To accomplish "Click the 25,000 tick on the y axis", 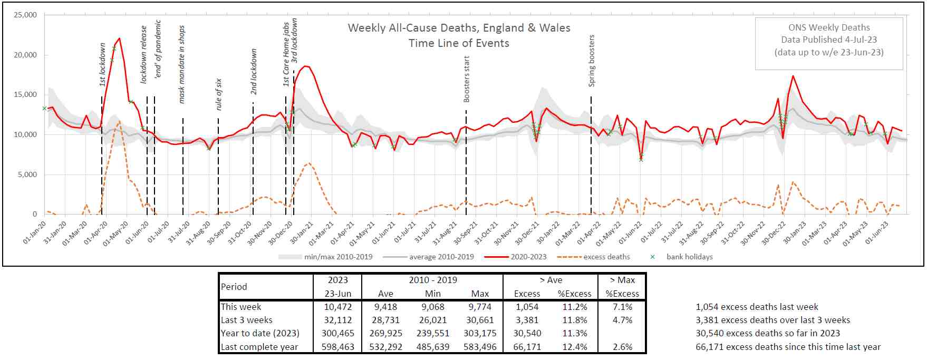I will (x=25, y=15).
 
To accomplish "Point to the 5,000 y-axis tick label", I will (x=27, y=174).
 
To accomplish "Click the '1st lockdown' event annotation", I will (x=103, y=64).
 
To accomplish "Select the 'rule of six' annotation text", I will (x=219, y=94).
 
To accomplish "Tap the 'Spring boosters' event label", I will (x=592, y=61).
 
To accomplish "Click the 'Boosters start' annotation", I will (x=467, y=79).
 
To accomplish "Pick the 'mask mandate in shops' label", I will (x=182, y=64).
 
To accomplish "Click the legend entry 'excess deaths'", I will (x=606, y=257).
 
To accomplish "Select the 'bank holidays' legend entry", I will (x=689, y=257).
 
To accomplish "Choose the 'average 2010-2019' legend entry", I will (x=441, y=257).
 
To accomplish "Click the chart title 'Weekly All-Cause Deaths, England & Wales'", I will (x=459, y=28).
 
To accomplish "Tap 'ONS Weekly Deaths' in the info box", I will (x=829, y=27).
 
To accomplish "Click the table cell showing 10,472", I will (x=337, y=307).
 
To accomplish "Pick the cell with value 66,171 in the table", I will (x=527, y=347).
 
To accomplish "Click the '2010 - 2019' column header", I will (x=433, y=280).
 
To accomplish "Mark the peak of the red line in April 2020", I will (x=120, y=38).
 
